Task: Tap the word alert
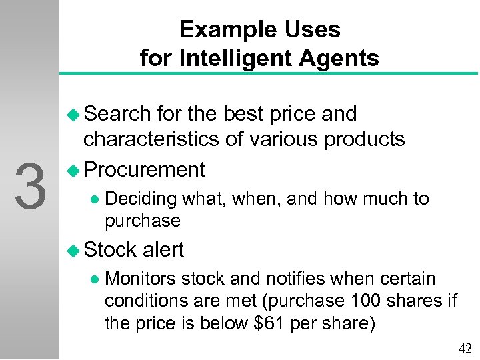[x=163, y=249]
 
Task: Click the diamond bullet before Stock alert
[x=75, y=250]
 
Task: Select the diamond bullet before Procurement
[x=75, y=171]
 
